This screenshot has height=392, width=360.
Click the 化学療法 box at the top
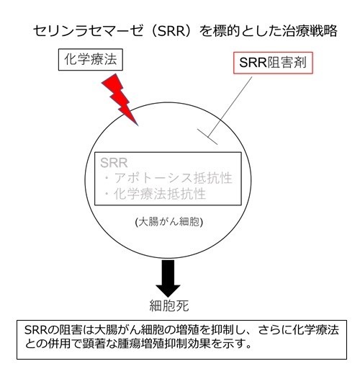[x=91, y=60]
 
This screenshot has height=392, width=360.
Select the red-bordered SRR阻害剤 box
[x=273, y=63]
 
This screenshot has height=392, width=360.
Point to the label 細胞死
[x=169, y=306]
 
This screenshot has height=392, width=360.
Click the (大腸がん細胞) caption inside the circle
[x=169, y=222]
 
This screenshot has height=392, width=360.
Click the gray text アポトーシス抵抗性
[x=173, y=178]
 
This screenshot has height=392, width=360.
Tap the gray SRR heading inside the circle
[x=114, y=163]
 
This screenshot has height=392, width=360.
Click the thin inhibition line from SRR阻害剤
[x=230, y=107]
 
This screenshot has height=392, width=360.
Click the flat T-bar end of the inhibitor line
[x=207, y=137]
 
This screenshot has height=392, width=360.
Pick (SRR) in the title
[x=172, y=31]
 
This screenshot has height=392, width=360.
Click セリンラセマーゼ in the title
[x=88, y=31]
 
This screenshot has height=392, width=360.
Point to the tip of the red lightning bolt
[x=138, y=125]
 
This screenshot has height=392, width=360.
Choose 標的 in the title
[x=226, y=31]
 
